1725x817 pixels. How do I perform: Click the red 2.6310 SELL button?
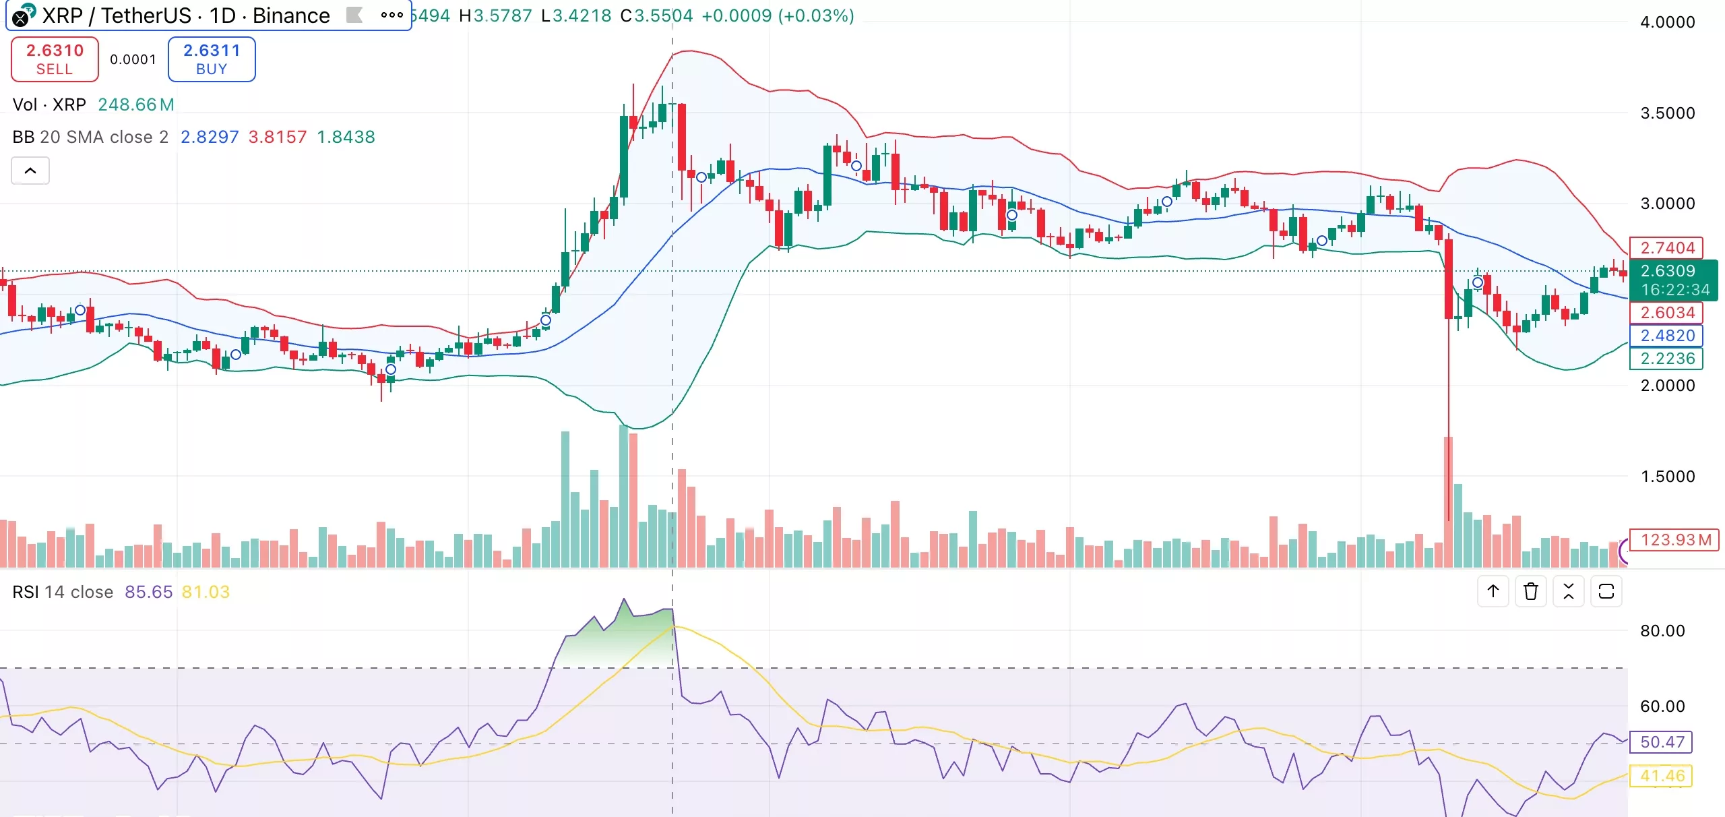click(x=55, y=59)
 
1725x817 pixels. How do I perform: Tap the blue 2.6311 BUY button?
click(x=212, y=59)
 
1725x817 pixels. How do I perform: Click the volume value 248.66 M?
click(x=135, y=104)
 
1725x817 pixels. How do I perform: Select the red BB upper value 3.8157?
click(x=277, y=137)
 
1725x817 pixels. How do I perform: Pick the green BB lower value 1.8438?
click(x=346, y=137)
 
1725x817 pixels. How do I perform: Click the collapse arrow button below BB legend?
click(x=30, y=171)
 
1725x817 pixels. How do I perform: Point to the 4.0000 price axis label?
click(x=1667, y=22)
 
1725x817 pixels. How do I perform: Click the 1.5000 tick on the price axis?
click(x=1667, y=477)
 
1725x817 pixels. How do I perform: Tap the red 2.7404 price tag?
click(x=1666, y=248)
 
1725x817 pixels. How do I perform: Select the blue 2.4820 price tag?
click(x=1666, y=336)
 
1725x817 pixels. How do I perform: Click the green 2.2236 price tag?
click(x=1666, y=359)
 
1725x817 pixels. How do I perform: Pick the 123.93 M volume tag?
click(x=1674, y=540)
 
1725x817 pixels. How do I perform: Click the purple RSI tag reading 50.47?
click(x=1662, y=742)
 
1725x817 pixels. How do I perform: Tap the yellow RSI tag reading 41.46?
click(x=1662, y=776)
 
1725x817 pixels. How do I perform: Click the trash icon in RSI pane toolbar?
click(x=1531, y=592)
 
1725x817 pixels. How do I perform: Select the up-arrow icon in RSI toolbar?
click(x=1493, y=592)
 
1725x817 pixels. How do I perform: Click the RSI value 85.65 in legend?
click(x=148, y=592)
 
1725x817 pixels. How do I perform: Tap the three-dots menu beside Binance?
click(x=391, y=15)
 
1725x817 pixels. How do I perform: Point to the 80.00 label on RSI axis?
click(x=1662, y=631)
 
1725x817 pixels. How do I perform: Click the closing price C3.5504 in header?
click(x=656, y=16)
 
